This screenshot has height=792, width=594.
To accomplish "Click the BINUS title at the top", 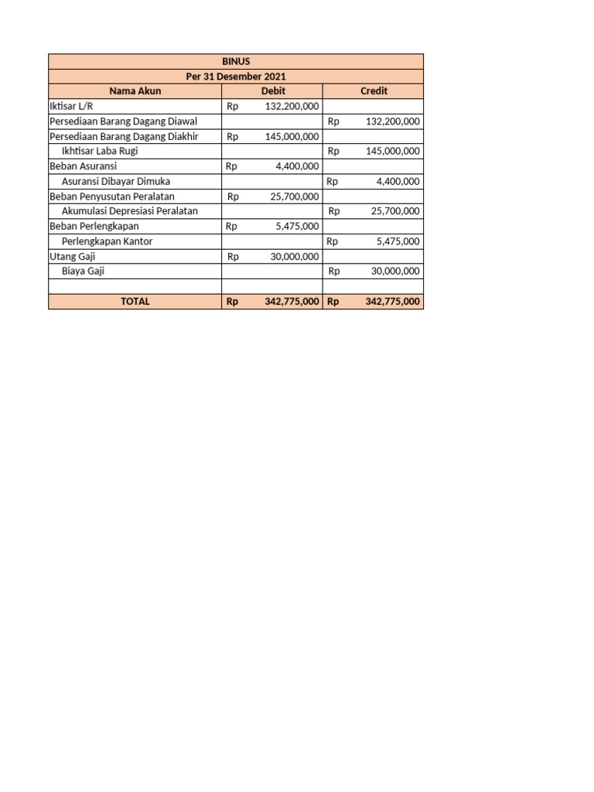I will point(236,61).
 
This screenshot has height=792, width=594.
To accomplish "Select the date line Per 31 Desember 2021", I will point(236,76).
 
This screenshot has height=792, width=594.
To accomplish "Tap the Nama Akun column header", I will point(135,91).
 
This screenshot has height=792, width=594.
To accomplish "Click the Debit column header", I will point(273,91).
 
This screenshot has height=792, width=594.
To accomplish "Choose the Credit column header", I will point(374,91).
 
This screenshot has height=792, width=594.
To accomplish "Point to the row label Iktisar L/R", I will point(71,106).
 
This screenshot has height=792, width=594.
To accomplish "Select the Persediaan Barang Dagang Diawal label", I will point(123,121).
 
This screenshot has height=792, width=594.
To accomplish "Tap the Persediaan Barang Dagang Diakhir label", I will point(125,136).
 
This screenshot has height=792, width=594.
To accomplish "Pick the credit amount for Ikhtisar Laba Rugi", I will point(392,152).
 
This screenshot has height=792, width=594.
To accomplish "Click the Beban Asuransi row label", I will point(83,166).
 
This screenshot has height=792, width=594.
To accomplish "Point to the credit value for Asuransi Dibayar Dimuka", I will point(398,182).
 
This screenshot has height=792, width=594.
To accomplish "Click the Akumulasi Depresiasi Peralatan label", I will point(129,211).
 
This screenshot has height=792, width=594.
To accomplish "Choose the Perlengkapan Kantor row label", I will point(107,241).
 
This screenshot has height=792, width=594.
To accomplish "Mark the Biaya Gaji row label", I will point(83,271).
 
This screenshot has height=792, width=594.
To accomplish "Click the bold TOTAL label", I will point(135,302).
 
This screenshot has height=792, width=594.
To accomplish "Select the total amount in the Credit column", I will point(392,302).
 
